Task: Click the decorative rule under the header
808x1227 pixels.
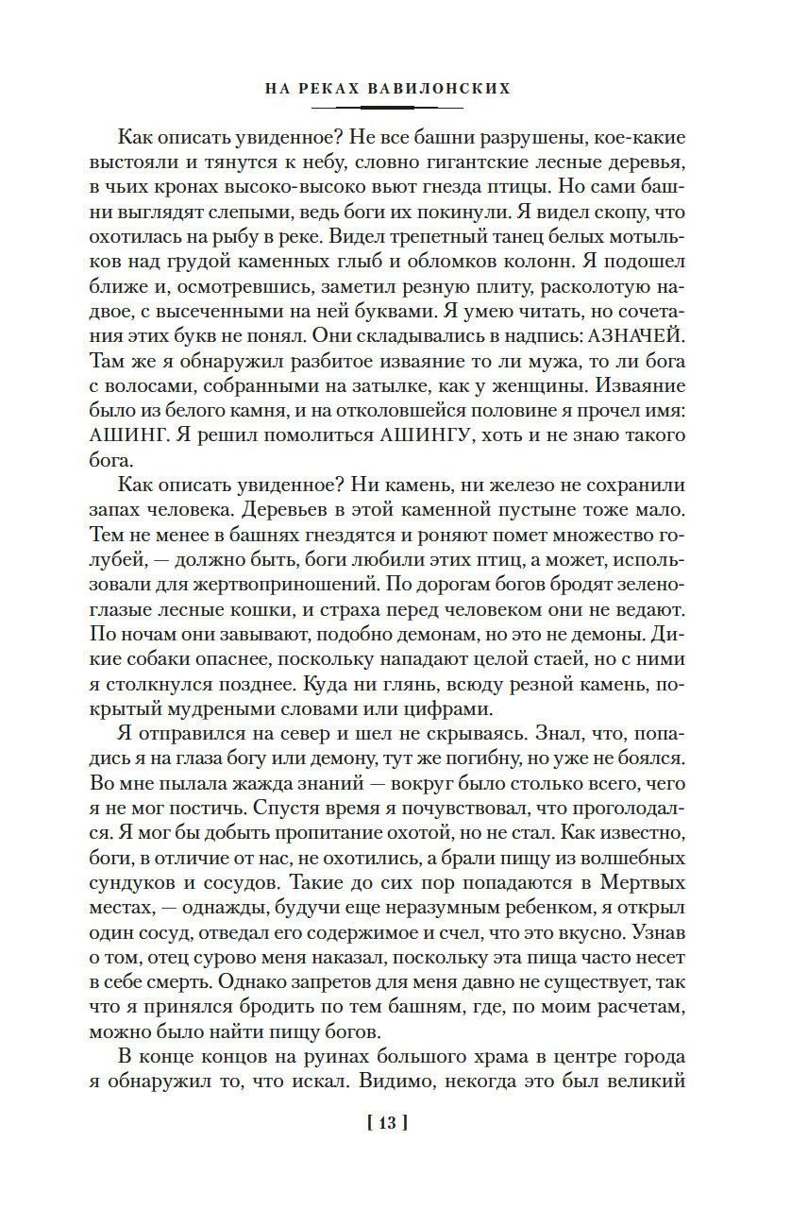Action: tap(403, 107)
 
